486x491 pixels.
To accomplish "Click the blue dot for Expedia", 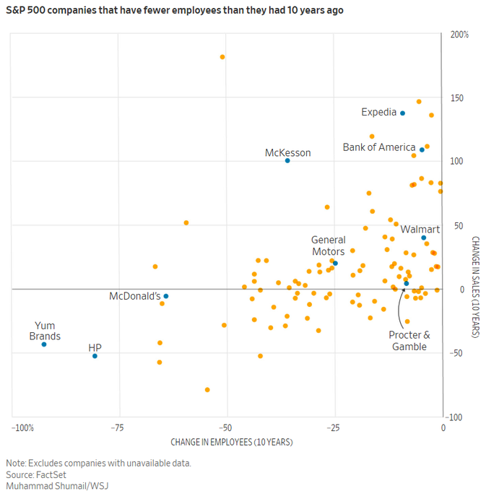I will tap(403, 113).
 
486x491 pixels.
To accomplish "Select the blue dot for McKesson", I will tap(287, 160).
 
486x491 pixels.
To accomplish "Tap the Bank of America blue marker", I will tap(422, 149).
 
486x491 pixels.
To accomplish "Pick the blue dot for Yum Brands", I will tap(44, 344).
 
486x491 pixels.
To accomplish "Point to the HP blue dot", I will tap(95, 356).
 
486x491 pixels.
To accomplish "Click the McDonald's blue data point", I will tap(166, 296).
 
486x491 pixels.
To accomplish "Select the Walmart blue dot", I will tap(424, 238).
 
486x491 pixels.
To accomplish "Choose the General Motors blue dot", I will tap(335, 263).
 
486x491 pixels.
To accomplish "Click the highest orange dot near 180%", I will tap(222, 57).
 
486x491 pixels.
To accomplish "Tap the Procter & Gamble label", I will tap(409, 341).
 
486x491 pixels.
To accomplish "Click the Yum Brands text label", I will tap(45, 331).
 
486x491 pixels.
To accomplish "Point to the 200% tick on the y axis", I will tap(459, 35).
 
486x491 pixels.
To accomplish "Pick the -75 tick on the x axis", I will tap(118, 427).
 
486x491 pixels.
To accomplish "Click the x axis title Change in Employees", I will tap(232, 441).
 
